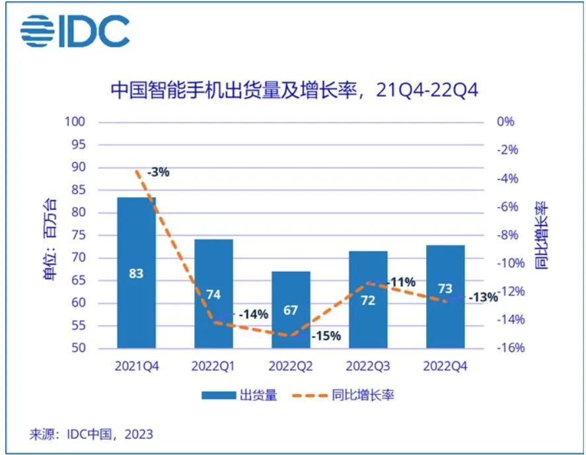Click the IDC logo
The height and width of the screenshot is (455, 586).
pyautogui.click(x=74, y=30)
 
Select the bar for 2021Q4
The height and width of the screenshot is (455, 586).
pyautogui.click(x=136, y=272)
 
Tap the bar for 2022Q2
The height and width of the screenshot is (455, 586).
pyautogui.click(x=291, y=310)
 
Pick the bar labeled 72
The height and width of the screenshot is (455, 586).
pyautogui.click(x=368, y=300)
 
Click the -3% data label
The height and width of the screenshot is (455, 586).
pyautogui.click(x=159, y=173)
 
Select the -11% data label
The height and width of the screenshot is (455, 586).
pyautogui.click(x=401, y=282)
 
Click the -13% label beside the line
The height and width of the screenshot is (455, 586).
pyautogui.click(x=483, y=298)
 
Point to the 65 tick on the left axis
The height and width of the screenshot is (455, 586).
pyautogui.click(x=78, y=280)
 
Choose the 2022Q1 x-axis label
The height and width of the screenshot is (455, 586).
pyautogui.click(x=213, y=366)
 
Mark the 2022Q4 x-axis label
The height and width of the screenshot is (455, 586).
pyautogui.click(x=445, y=366)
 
